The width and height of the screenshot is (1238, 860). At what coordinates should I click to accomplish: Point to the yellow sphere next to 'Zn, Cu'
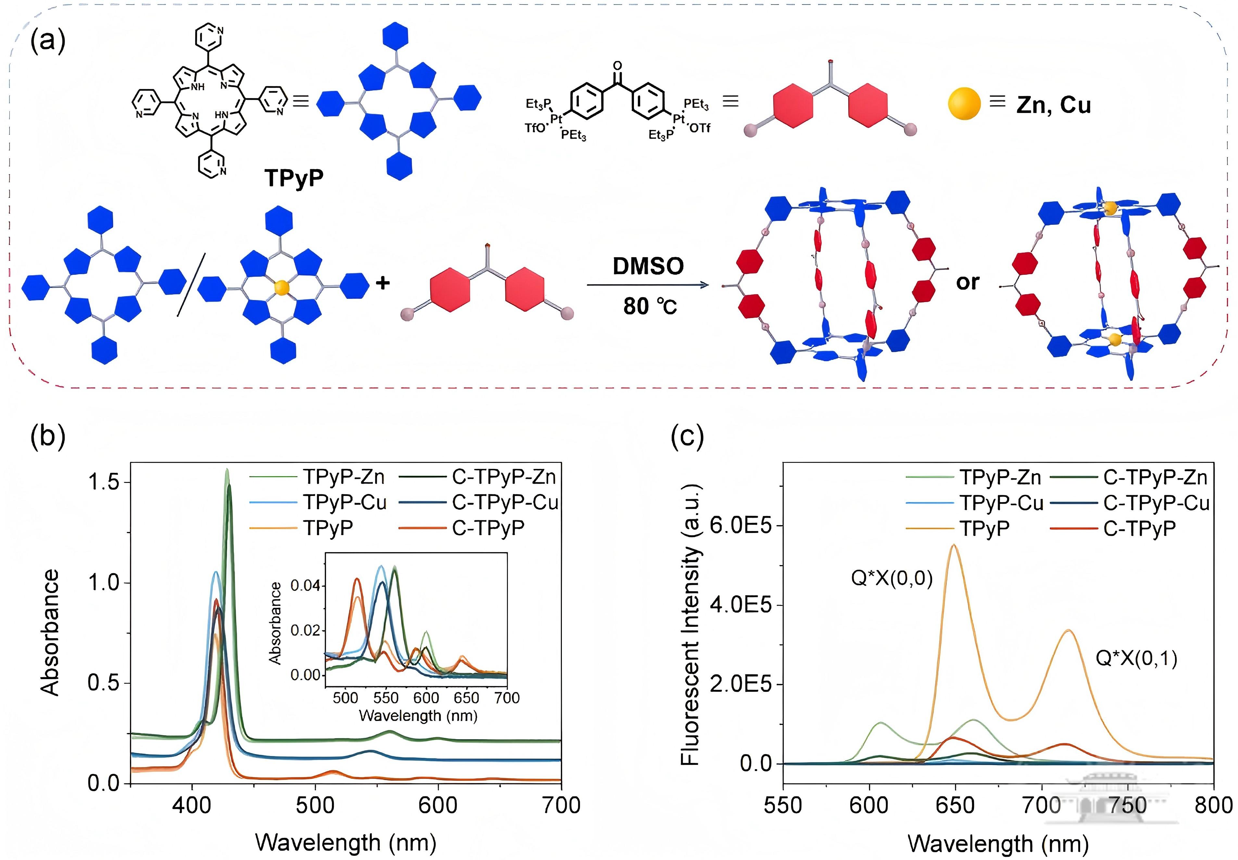(964, 104)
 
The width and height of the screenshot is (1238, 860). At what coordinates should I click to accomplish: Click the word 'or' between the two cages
(967, 282)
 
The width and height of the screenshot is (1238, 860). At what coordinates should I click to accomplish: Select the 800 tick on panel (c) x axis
(1213, 805)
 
